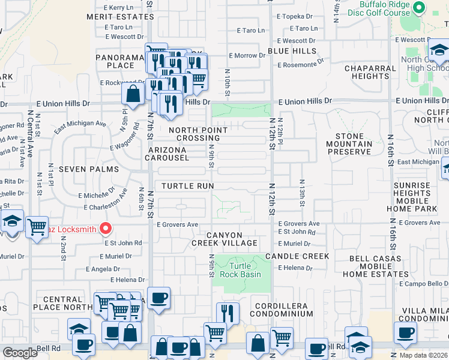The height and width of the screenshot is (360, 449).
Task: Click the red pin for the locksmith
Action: [x=106, y=228]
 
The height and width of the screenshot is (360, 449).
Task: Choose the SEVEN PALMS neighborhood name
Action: [x=98, y=169]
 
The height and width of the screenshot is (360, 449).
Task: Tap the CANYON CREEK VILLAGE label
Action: [x=224, y=239]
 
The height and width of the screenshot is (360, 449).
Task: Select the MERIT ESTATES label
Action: [x=120, y=17]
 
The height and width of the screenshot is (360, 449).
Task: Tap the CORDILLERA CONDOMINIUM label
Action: [x=279, y=310]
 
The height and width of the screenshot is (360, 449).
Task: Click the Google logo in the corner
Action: [x=20, y=353]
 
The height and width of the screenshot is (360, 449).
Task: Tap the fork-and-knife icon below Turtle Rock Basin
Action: [x=228, y=313]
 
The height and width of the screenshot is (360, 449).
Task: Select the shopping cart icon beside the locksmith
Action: [x=37, y=227]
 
